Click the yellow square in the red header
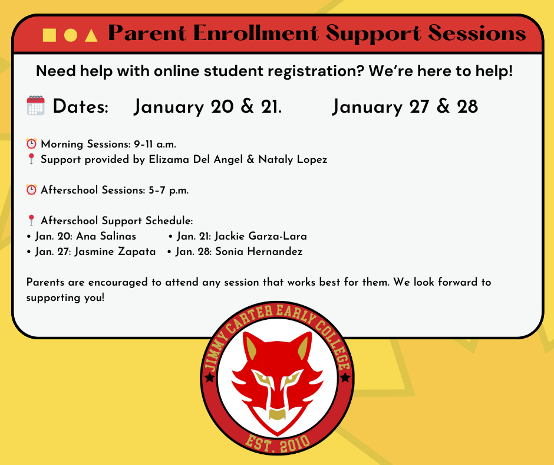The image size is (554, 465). click(x=50, y=35)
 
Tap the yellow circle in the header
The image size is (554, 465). click(x=71, y=35)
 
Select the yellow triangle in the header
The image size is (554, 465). click(x=91, y=35)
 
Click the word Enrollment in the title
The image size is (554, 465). click(x=256, y=33)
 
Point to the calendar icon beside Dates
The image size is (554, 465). click(x=36, y=106)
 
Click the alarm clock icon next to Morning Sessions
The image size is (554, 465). click(x=31, y=143)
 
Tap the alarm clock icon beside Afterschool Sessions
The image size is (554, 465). click(x=31, y=189)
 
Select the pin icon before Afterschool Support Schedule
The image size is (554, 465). click(x=31, y=220)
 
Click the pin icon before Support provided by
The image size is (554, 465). click(x=31, y=159)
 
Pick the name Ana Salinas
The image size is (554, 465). click(x=106, y=236)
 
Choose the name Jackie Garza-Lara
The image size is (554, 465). click(x=260, y=236)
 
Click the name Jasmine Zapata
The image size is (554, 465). click(x=115, y=251)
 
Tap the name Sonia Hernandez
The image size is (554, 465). click(x=259, y=251)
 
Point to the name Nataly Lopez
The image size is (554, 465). click(x=292, y=159)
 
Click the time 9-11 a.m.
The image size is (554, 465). click(x=155, y=144)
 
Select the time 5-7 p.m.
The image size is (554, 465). click(x=169, y=190)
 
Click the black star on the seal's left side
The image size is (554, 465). click(x=209, y=377)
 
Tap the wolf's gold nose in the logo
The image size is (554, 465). click(x=277, y=414)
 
